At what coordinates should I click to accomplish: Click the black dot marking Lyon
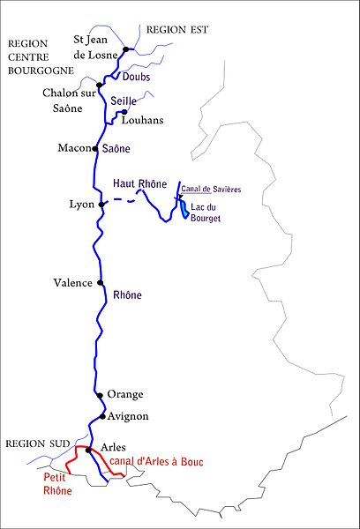(102, 205)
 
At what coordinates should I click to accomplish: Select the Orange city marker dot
(99, 396)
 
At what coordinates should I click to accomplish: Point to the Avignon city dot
(103, 416)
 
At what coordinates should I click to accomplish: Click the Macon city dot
(94, 148)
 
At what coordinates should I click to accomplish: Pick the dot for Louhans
(124, 112)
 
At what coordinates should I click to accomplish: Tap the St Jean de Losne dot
(127, 49)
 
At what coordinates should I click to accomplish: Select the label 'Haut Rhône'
(139, 183)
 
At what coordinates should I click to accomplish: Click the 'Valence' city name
(72, 283)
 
